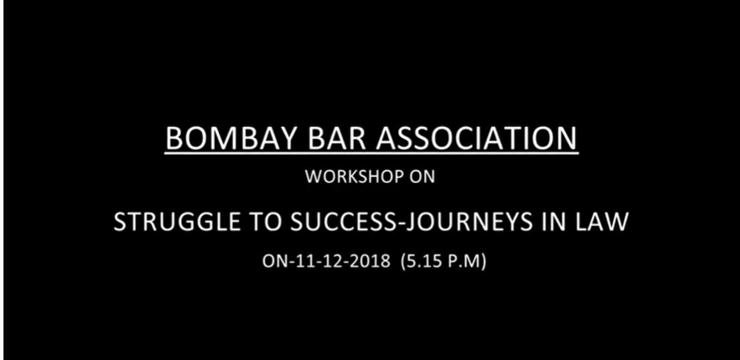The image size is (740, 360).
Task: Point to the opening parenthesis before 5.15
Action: (402, 262)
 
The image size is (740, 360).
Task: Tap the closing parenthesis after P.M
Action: (483, 262)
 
